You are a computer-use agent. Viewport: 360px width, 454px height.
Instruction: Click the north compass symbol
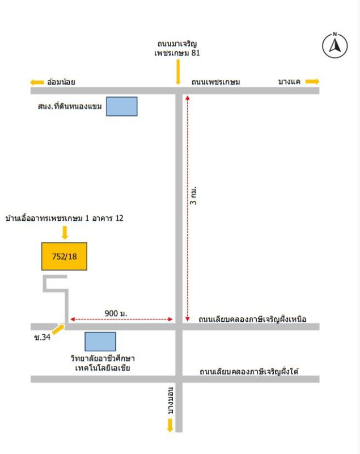335,45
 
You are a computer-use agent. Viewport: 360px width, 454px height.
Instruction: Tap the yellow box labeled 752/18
64,257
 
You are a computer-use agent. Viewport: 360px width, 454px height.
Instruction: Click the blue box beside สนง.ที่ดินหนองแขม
122,106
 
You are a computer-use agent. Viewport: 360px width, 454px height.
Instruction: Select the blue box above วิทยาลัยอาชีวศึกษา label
100,342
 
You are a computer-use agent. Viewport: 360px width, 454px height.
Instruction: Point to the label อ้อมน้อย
61,82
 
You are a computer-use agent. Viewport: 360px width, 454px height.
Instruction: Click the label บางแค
289,82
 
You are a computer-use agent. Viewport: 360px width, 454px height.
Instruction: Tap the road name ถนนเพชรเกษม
215,82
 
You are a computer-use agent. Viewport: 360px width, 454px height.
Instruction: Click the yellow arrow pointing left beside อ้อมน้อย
37,82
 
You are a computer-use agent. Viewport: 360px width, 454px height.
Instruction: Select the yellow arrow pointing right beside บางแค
312,81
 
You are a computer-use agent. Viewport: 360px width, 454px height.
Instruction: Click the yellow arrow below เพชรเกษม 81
178,72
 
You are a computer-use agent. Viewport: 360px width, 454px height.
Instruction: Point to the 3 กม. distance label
193,196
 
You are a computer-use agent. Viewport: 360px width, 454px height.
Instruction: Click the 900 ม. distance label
116,313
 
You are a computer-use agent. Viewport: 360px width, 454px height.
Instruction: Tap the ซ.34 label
42,337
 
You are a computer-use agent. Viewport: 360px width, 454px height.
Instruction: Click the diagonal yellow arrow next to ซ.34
58,329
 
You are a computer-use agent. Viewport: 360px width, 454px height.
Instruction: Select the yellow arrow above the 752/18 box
65,233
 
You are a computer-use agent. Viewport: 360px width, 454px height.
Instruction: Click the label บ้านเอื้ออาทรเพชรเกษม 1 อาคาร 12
64,218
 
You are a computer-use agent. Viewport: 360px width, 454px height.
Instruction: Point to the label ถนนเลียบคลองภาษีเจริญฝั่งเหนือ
252,319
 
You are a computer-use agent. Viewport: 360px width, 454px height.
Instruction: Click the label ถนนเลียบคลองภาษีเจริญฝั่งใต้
249,371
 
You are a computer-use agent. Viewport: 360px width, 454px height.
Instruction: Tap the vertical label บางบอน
171,401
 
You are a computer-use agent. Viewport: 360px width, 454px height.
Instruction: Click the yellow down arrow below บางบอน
170,425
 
